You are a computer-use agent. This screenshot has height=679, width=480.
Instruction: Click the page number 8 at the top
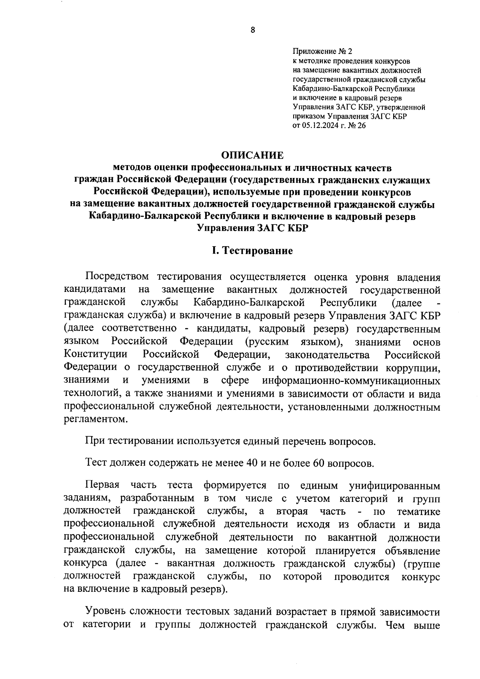(x=252, y=30)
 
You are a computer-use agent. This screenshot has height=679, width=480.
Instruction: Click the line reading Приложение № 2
(x=323, y=52)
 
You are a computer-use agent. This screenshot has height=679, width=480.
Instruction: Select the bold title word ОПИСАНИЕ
(x=252, y=155)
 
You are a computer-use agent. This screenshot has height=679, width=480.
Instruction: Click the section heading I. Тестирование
(x=252, y=251)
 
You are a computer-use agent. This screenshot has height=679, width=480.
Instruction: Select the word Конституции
(x=96, y=354)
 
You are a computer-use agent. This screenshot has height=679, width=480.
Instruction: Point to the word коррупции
(x=414, y=367)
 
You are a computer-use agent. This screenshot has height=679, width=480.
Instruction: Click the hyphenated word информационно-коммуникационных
(x=351, y=380)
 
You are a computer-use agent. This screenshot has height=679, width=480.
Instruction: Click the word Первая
(x=102, y=485)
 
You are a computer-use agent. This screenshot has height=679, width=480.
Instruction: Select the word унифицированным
(x=394, y=486)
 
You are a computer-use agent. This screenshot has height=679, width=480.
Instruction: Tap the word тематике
(x=419, y=512)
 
